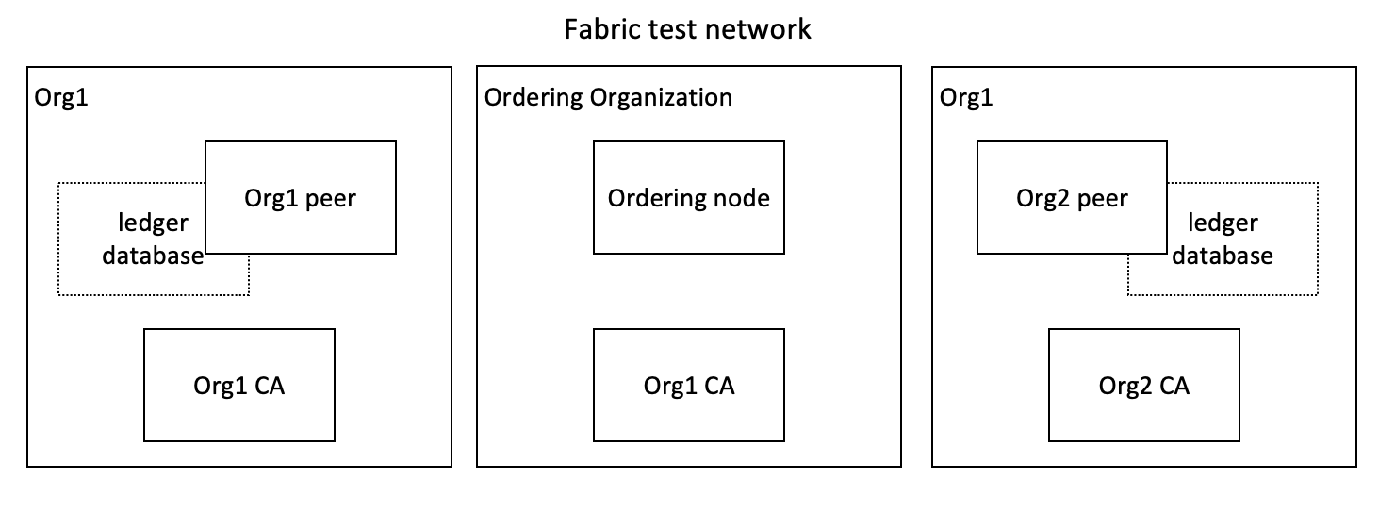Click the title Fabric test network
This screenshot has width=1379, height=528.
point(687,29)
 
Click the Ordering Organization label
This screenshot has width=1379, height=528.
point(608,97)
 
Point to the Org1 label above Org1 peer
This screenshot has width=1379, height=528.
point(61,97)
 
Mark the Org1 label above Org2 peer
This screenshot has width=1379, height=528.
point(966,97)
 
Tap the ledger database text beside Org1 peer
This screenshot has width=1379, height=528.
point(153,239)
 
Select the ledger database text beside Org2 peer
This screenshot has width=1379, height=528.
point(1223,239)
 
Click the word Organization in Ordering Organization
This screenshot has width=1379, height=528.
point(661,97)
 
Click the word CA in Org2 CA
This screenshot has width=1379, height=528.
point(1174,386)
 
